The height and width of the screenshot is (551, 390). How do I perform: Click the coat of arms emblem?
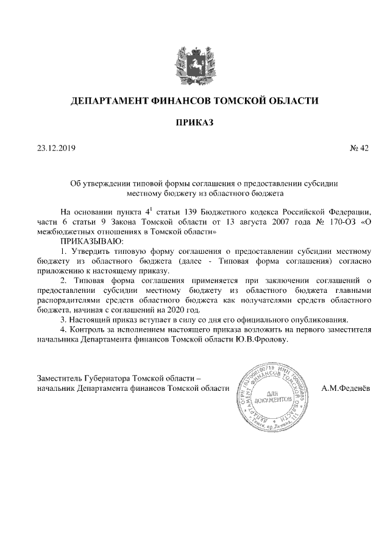tap(194, 63)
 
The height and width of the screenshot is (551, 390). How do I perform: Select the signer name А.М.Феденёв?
tap(344, 388)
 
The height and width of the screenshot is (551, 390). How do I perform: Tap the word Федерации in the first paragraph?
tap(349, 212)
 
